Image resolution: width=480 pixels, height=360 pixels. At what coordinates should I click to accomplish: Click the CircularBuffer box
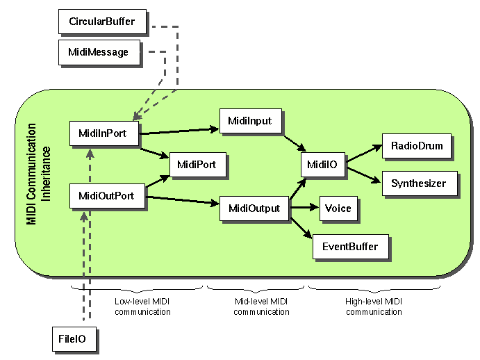point(101,22)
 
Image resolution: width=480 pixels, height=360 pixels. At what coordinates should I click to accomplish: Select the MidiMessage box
point(98,51)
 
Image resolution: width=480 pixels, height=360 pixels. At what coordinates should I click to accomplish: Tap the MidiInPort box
point(103,133)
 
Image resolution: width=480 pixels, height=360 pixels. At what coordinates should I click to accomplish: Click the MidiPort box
point(196,165)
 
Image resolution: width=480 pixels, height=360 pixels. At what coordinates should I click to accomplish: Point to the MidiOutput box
point(254,208)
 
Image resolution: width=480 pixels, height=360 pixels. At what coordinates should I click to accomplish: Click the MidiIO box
point(322,165)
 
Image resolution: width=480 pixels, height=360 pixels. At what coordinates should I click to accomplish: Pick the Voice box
point(338,208)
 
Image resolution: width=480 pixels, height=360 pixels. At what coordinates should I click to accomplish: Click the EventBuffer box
point(349,246)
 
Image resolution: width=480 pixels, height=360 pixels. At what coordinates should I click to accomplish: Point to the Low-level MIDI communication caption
point(142,306)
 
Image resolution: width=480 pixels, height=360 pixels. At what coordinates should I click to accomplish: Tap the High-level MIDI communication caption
point(373,306)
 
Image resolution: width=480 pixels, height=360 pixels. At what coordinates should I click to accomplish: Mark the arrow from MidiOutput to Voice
point(304,208)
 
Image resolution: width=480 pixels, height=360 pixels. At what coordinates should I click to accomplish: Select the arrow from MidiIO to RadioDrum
point(363,154)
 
